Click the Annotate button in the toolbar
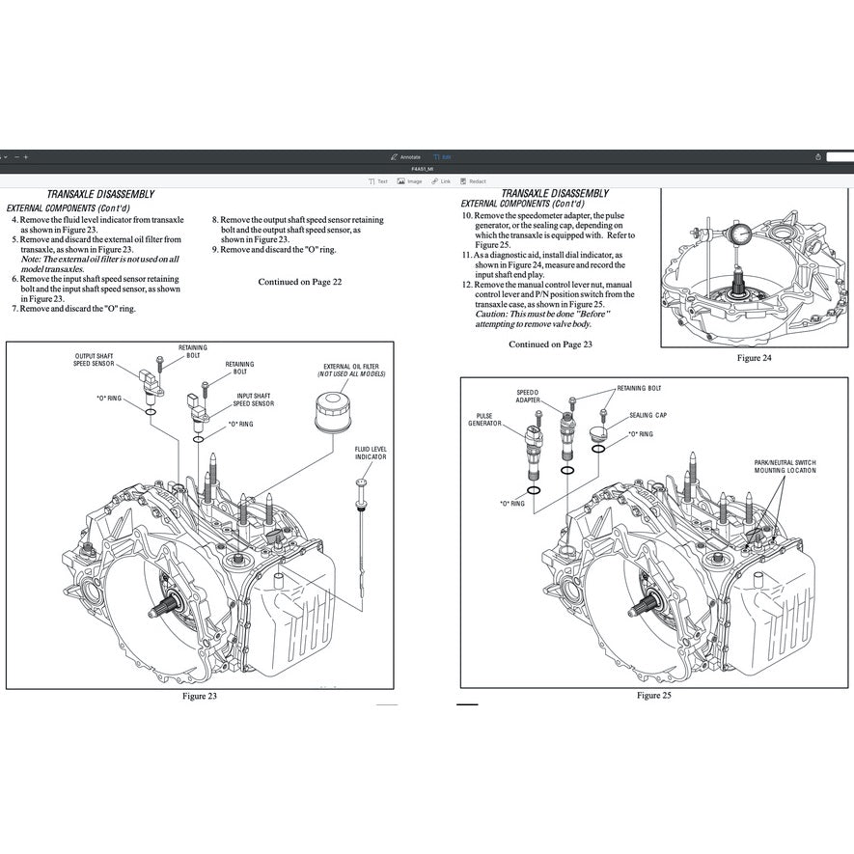[x=405, y=156]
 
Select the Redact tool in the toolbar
[x=473, y=181]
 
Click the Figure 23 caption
[x=200, y=696]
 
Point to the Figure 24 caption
[x=754, y=357]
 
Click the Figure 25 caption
[x=653, y=695]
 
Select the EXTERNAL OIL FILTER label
[x=351, y=370]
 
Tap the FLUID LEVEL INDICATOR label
[x=371, y=453]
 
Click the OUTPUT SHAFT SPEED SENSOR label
[x=96, y=360]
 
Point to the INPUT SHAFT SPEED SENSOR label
[x=255, y=399]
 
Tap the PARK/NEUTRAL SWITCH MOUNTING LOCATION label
[x=785, y=466]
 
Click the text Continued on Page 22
[x=299, y=282]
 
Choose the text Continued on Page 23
[x=550, y=344]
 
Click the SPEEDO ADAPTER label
[x=529, y=396]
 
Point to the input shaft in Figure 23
[x=164, y=609]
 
